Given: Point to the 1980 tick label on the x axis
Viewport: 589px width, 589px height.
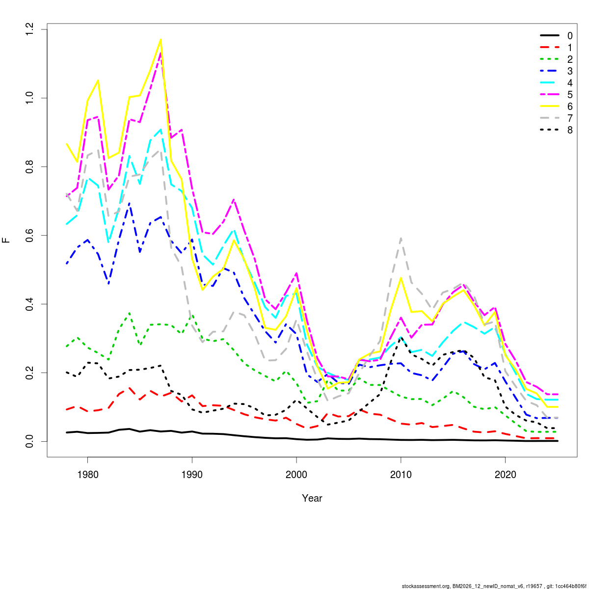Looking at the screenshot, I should tap(87, 475).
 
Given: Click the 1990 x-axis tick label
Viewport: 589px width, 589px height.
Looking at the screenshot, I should tap(192, 475).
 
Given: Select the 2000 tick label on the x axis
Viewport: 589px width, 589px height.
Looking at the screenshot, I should tap(296, 475).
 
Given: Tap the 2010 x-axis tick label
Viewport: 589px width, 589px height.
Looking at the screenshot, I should tap(401, 475).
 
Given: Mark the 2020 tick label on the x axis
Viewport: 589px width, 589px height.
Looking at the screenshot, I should tap(506, 475).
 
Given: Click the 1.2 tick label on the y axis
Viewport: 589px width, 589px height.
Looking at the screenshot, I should tap(30, 29).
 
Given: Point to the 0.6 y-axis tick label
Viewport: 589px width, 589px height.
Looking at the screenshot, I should tap(30, 236).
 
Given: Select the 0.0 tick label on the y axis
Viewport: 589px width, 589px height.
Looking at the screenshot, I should tap(30, 441).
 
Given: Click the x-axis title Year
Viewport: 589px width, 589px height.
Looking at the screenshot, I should tap(312, 498).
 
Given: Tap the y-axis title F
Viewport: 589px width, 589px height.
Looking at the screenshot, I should tap(6, 240).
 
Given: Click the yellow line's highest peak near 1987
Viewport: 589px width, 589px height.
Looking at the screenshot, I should tap(161, 40).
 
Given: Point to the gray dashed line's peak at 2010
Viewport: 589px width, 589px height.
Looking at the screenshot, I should tap(401, 239).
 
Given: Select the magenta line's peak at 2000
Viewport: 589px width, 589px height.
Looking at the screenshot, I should tap(296, 273).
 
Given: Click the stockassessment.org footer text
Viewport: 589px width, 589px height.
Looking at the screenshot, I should tap(494, 586).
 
